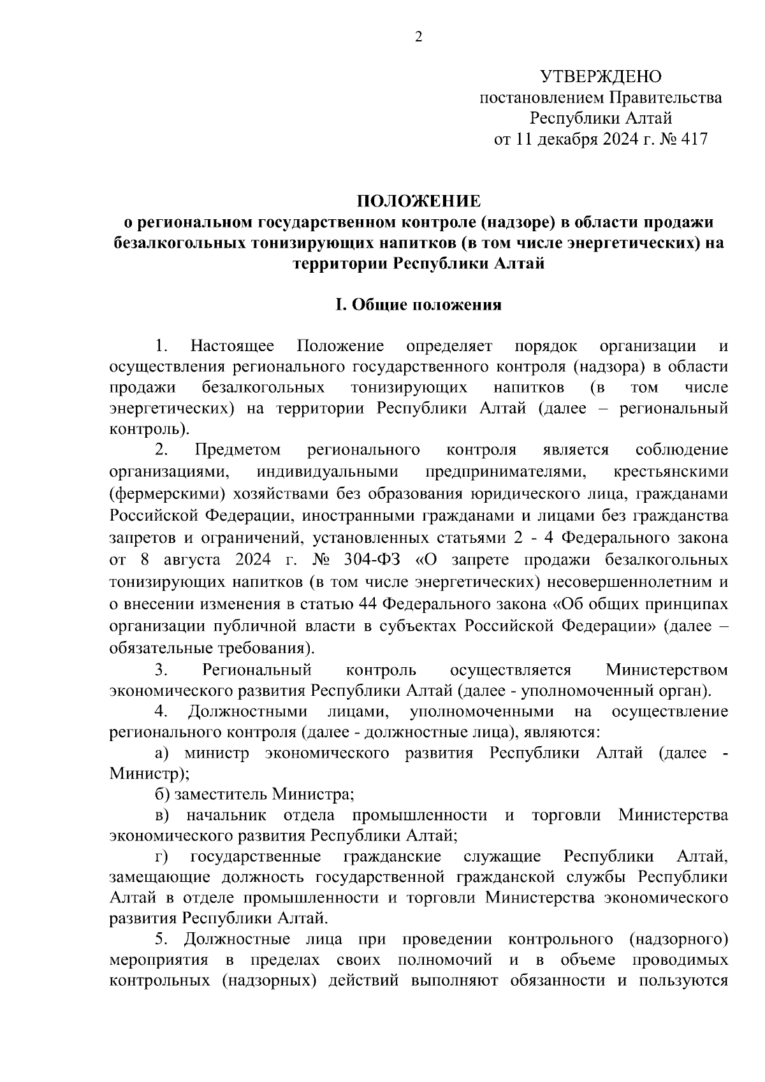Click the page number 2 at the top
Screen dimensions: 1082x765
pos(418,38)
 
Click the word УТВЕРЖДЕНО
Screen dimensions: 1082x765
pos(601,77)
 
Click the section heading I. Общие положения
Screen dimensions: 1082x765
pos(418,305)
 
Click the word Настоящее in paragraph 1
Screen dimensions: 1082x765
pos(233,346)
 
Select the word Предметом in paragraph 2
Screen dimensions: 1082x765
pos(237,450)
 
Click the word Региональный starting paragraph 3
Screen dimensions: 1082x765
pos(257,670)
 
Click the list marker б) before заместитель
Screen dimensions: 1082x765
pos(161,795)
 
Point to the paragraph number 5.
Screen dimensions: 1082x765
pos(161,939)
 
